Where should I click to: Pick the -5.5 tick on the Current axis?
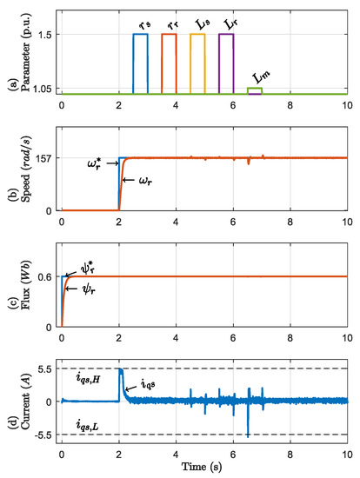[x=43, y=434]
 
